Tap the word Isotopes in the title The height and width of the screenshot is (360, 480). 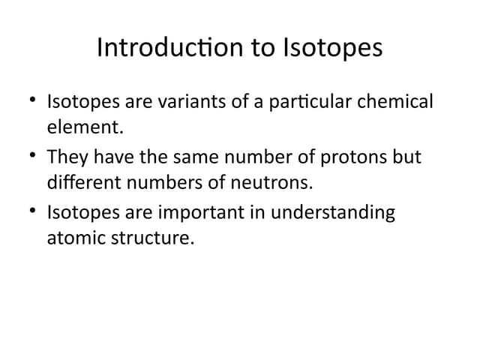[x=333, y=48]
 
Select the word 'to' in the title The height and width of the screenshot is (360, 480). [x=257, y=48]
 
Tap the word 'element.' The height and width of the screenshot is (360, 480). [x=85, y=127]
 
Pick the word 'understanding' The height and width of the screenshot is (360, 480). [x=332, y=213]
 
